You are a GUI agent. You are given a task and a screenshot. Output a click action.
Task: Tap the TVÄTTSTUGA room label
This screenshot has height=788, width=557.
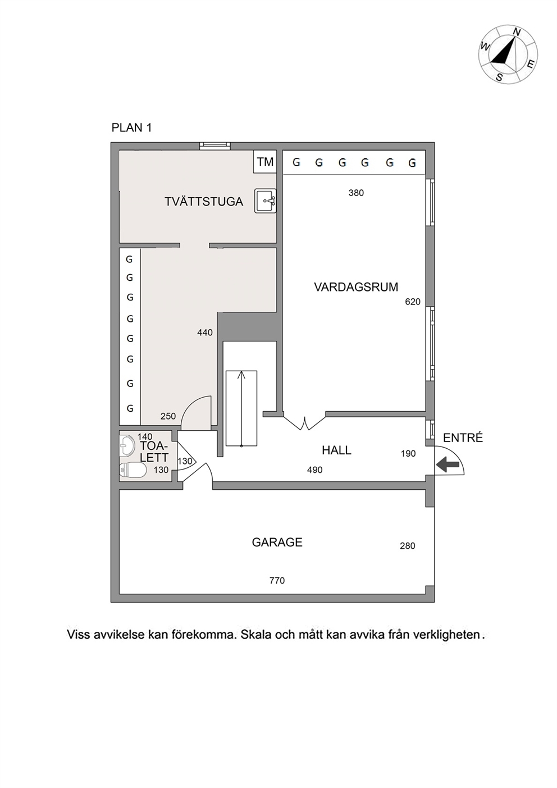pyautogui.click(x=204, y=202)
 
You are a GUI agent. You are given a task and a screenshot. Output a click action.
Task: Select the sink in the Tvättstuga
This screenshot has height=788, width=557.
pyautogui.click(x=266, y=201)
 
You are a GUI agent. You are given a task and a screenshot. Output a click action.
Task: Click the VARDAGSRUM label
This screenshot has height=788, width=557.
pyautogui.click(x=356, y=287)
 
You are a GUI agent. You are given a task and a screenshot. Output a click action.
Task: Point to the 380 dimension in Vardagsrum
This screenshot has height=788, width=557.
pyautogui.click(x=356, y=193)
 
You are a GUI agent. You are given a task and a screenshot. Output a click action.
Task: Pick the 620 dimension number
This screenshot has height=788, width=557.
pyautogui.click(x=413, y=302)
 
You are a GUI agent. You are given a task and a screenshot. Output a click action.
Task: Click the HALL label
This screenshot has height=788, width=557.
pyautogui.click(x=336, y=450)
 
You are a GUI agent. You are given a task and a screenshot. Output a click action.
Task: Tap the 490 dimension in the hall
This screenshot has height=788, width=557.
pyautogui.click(x=315, y=470)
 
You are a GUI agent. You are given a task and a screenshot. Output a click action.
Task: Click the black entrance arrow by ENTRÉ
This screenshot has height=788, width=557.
pyautogui.click(x=448, y=464)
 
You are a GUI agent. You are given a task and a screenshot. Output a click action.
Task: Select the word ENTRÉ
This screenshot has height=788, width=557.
pyautogui.click(x=463, y=438)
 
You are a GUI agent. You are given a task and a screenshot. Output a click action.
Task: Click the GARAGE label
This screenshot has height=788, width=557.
pyautogui.click(x=277, y=542)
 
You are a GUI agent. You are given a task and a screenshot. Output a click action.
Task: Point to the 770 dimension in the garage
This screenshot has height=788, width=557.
pyautogui.click(x=277, y=580)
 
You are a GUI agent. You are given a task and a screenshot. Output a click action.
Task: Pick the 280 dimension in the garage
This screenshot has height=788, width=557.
pyautogui.click(x=408, y=545)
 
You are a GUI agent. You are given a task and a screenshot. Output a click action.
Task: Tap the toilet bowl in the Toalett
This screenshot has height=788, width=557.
pyautogui.click(x=133, y=470)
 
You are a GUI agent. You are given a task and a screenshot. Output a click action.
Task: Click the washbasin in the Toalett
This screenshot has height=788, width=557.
pyautogui.click(x=126, y=446)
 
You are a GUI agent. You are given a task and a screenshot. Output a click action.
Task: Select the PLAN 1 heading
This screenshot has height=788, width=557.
pyautogui.click(x=131, y=127)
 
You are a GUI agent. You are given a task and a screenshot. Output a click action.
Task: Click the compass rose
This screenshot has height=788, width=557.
pyautogui.click(x=508, y=54)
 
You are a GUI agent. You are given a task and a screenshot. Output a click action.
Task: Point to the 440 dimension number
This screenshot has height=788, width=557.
pyautogui.click(x=204, y=332)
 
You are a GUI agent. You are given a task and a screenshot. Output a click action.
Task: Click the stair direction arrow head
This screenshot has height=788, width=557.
pyautogui.click(x=241, y=374)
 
